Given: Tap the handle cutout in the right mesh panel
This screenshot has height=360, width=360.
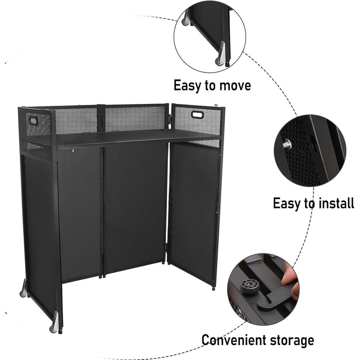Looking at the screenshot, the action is coord(198,114).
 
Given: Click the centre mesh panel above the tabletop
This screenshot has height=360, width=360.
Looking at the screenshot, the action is coord(135,118).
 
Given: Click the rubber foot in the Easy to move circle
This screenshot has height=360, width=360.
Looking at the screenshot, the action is coord(227,64).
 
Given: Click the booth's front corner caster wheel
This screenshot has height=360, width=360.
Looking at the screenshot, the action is coord(54,327).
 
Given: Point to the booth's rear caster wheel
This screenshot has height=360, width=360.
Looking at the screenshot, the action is coord(23,292).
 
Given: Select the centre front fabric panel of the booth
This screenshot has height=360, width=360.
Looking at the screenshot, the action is coord(135,207).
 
